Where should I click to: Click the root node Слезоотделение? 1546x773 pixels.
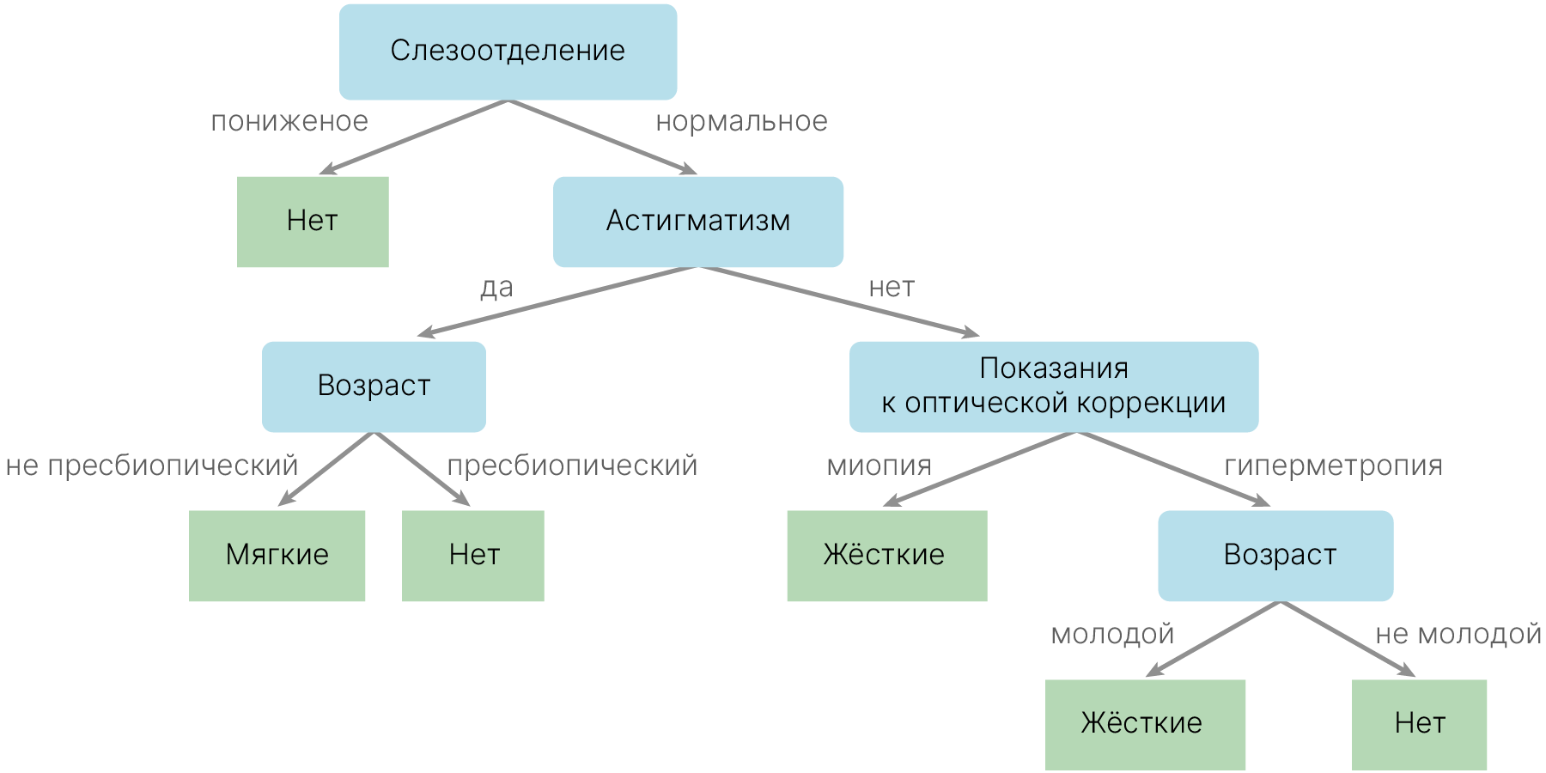tap(508, 52)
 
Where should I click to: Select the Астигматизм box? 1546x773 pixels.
tap(697, 222)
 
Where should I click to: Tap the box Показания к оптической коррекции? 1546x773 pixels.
tap(1053, 386)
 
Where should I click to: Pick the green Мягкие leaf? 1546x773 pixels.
tap(277, 556)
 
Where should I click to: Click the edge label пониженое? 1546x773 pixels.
tap(289, 122)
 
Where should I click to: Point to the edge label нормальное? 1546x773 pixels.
tap(741, 122)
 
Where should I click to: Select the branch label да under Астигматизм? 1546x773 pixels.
tap(496, 288)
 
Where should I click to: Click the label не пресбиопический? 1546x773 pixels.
tap(152, 466)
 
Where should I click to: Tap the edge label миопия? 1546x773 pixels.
tap(879, 466)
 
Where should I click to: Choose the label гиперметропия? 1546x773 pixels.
tap(1332, 466)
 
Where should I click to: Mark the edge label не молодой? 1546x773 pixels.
tap(1458, 634)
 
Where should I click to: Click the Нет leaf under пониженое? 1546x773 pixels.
tap(313, 222)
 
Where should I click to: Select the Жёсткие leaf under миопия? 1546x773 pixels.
tap(886, 556)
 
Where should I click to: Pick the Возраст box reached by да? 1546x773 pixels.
tap(374, 386)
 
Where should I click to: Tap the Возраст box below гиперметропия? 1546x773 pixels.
tap(1275, 556)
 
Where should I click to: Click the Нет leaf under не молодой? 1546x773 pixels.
tap(1419, 724)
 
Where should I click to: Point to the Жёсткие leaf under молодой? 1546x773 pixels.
tap(1145, 724)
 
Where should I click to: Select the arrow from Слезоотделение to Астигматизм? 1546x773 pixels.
tap(601, 137)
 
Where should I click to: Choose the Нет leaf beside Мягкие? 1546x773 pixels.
tap(473, 556)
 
